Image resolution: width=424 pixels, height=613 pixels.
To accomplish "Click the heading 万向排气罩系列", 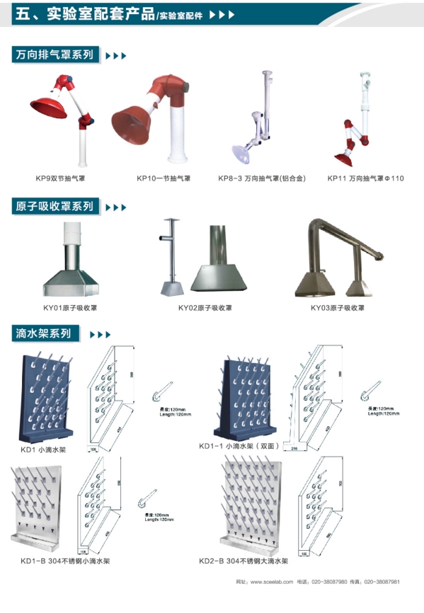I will (x=55, y=55).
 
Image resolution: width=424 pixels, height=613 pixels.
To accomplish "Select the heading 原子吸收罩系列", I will (x=55, y=207).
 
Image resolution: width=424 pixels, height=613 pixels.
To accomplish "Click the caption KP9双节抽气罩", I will (x=62, y=178).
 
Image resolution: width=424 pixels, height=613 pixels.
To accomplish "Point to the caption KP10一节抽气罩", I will (x=164, y=178).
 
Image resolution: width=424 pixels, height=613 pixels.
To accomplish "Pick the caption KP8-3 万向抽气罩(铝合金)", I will (x=262, y=178).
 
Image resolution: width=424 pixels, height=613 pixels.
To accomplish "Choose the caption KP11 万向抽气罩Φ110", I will (x=365, y=178).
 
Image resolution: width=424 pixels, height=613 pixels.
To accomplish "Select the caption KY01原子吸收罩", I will (x=70, y=308).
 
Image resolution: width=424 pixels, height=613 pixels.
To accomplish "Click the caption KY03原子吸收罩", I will (x=338, y=308).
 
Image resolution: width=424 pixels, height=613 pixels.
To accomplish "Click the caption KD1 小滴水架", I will (x=44, y=449).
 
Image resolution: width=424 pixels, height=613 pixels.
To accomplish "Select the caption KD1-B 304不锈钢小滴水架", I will (x=65, y=561).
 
